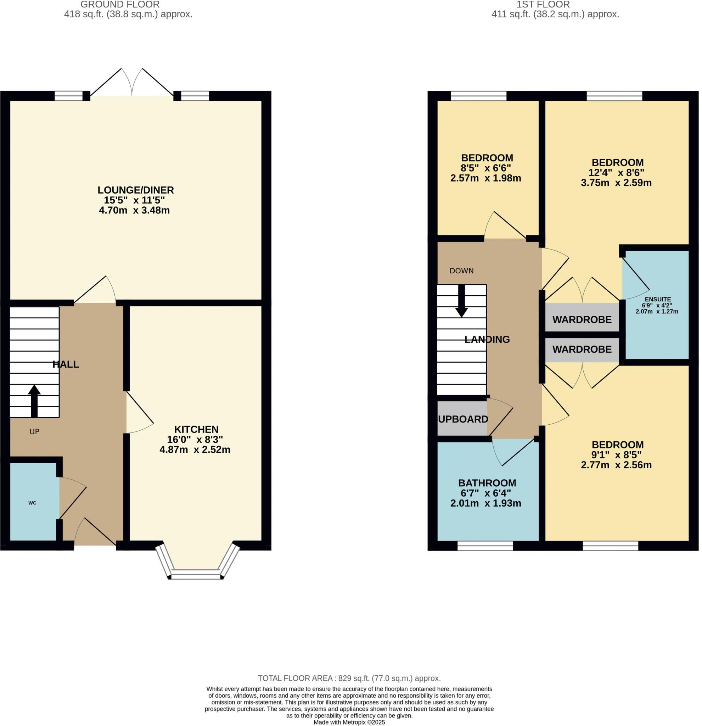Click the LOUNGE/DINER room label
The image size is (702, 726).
(x=135, y=190)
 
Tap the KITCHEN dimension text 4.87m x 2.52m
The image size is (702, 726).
(x=195, y=450)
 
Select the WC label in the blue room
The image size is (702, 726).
(x=32, y=503)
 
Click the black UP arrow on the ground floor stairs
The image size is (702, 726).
(x=34, y=402)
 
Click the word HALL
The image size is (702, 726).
(x=66, y=364)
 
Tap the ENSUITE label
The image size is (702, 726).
(x=658, y=299)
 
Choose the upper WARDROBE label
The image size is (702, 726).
(x=582, y=319)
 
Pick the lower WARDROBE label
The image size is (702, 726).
(x=582, y=349)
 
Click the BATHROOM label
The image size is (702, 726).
(x=487, y=483)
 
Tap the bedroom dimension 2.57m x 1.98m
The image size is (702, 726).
(x=485, y=178)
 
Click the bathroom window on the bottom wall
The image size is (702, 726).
(x=485, y=546)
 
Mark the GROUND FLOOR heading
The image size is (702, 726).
(x=120, y=5)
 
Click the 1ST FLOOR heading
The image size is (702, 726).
(x=543, y=5)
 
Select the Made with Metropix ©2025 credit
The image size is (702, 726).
(x=349, y=722)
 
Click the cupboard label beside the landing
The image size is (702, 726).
(x=463, y=419)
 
